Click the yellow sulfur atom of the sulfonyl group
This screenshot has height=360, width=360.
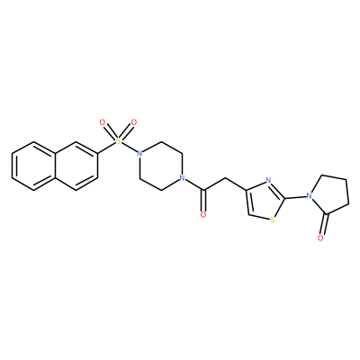click(118, 141)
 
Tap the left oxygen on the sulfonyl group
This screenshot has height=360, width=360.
click(103, 122)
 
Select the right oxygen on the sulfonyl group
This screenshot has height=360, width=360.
click(134, 122)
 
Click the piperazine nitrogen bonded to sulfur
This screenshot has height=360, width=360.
click(139, 154)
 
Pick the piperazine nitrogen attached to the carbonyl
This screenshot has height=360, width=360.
click(181, 178)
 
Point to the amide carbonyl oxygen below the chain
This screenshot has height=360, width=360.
click(203, 215)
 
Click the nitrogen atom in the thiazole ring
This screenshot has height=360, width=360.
click(268, 181)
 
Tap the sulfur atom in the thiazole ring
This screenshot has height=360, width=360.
click(273, 220)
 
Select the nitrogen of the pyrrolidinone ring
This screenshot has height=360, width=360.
click(309, 196)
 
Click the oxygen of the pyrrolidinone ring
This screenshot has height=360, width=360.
click(320, 238)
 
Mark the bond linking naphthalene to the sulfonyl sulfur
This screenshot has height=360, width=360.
click(106, 148)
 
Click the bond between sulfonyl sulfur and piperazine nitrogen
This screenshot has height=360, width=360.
click(129, 148)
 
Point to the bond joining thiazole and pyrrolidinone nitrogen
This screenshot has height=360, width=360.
click(295, 197)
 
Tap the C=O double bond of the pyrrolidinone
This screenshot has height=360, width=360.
click(325, 224)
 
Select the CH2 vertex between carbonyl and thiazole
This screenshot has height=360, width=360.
click(224, 178)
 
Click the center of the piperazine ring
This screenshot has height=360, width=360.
click(160, 166)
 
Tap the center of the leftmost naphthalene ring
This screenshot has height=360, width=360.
click(33, 166)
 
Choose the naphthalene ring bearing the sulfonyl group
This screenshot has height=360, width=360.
click(76, 166)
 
